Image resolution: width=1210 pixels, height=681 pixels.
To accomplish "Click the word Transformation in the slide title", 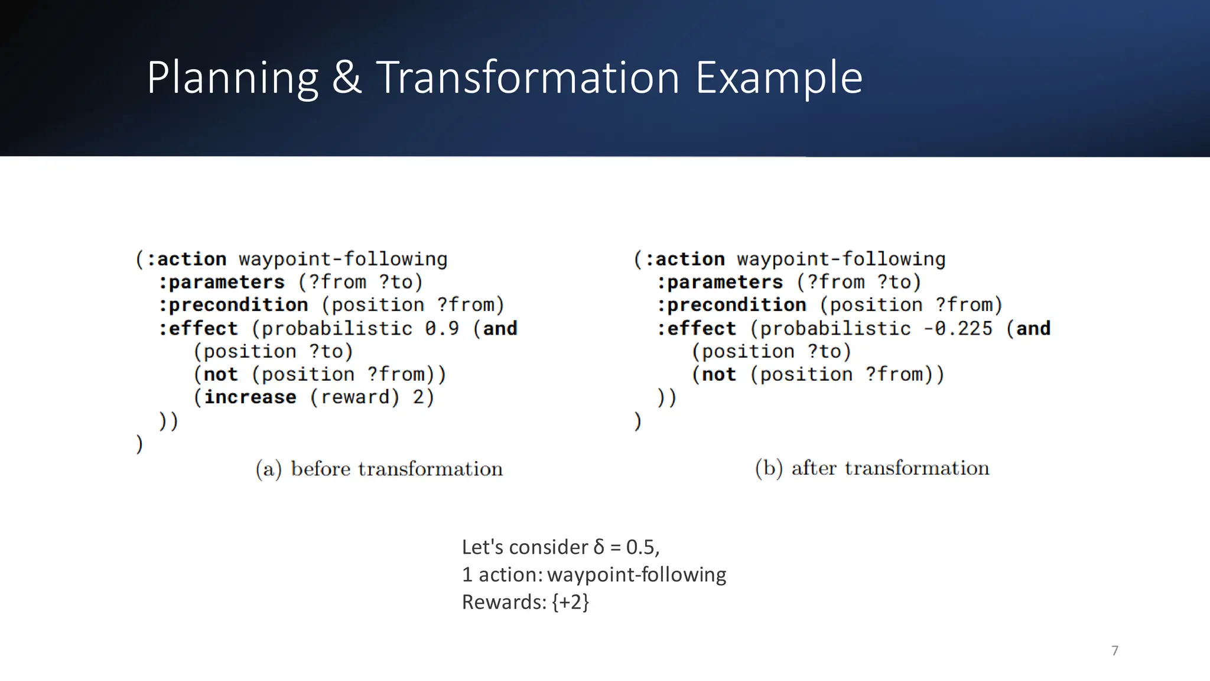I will [528, 77].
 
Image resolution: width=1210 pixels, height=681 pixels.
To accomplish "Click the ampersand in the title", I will [346, 77].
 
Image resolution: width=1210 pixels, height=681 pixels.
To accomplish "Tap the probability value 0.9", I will [442, 328].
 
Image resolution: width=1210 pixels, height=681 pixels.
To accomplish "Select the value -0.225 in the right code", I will [958, 328].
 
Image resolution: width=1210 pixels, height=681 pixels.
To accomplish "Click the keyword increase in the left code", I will [250, 397].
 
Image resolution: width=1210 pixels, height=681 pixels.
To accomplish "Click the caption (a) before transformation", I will [379, 469].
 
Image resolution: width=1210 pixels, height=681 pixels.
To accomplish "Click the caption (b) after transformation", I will [872, 468].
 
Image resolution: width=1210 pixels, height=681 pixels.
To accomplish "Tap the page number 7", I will [1115, 651].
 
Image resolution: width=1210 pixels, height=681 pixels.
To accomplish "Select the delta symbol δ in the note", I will [599, 547].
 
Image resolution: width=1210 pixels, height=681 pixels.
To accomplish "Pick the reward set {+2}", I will [570, 602].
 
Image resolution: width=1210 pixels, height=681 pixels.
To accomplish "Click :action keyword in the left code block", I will [186, 259].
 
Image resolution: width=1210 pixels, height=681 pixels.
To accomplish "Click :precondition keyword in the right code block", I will [731, 305].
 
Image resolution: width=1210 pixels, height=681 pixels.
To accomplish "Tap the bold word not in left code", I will [220, 374].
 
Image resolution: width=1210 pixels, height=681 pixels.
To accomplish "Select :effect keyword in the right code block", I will [697, 328].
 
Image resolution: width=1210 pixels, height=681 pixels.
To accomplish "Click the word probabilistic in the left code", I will [337, 328].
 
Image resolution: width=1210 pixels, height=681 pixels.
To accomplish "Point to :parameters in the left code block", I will [221, 282].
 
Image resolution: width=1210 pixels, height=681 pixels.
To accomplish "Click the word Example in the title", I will [779, 77].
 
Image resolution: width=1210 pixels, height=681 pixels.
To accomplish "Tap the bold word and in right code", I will [1033, 328].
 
